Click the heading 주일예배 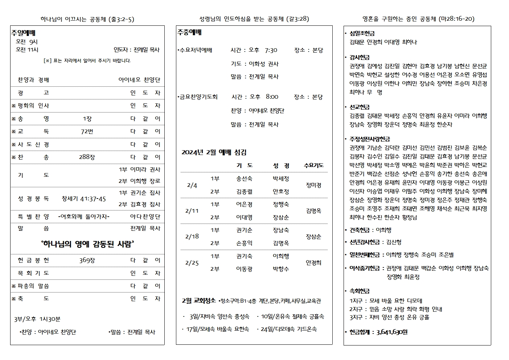23,33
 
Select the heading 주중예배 189,32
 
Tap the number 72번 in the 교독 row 87,131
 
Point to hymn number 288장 87,157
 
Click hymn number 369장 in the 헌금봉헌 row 87,260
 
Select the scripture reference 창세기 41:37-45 84,199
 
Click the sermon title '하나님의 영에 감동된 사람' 87,244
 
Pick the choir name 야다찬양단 145,217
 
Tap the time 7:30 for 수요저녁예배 271,50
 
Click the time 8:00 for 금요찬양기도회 272,97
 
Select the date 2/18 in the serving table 192,237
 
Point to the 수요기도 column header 313,165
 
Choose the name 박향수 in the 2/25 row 281,269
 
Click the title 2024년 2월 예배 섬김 214,152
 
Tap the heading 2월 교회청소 199,301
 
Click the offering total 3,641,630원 392,332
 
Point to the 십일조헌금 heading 362,33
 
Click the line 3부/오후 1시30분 37,319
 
